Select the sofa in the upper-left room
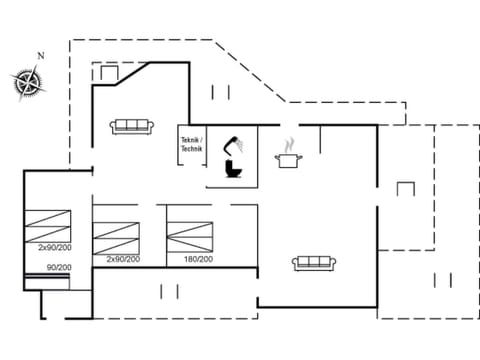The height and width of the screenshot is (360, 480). click(x=132, y=125)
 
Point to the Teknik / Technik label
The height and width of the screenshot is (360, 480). click(x=191, y=143)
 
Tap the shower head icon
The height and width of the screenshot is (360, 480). click(x=233, y=143)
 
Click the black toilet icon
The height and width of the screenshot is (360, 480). click(x=233, y=171)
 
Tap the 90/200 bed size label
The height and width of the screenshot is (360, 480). click(x=59, y=267)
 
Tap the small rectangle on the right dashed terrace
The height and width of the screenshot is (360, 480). click(x=405, y=188)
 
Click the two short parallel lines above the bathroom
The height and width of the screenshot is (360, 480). click(x=220, y=92)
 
